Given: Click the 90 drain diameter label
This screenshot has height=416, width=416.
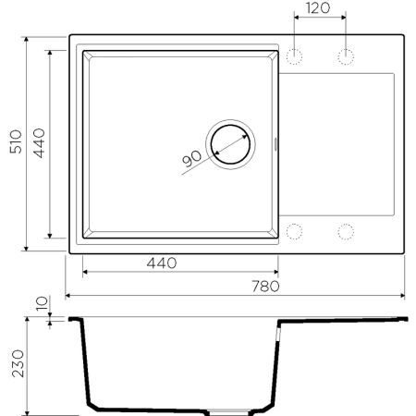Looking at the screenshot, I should point(192,159).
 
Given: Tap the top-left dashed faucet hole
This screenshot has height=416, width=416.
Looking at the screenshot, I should point(296,57).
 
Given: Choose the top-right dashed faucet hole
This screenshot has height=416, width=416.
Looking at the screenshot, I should point(348,57).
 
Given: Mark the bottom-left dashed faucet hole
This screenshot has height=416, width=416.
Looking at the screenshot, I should point(296,231).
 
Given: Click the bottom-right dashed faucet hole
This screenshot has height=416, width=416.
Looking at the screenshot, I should point(348,231).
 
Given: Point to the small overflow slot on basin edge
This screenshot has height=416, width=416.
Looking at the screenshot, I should point(279,143).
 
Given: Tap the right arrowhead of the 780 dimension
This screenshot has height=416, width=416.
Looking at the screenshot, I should point(403,296).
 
